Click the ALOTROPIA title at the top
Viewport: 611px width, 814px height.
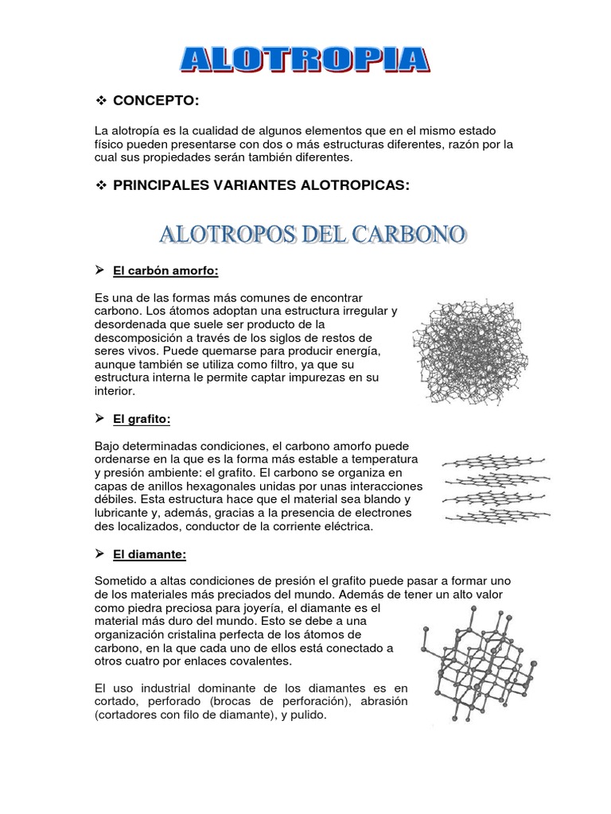point(305,61)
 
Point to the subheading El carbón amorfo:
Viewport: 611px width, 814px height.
point(165,271)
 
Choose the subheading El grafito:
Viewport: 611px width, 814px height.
point(142,418)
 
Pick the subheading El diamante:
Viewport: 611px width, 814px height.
point(150,554)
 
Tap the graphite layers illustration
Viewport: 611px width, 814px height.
point(493,491)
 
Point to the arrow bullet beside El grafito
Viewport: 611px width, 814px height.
point(100,418)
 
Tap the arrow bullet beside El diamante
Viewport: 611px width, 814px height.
point(100,554)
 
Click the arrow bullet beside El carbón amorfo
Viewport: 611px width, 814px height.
point(100,271)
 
